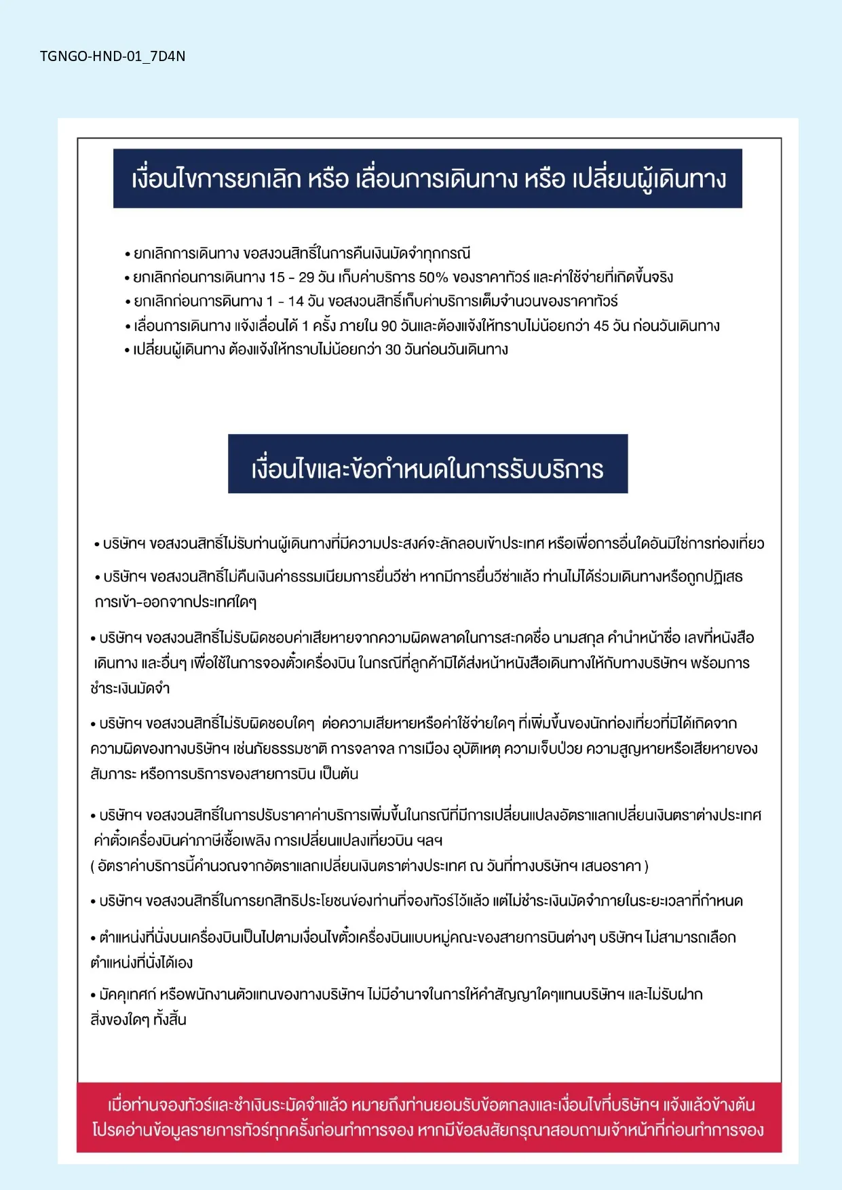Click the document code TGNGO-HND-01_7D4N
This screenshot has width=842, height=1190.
pyautogui.click(x=113, y=56)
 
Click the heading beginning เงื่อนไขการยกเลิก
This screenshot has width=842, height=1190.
pyautogui.click(x=427, y=179)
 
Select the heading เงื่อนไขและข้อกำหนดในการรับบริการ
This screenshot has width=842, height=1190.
pyautogui.click(x=427, y=469)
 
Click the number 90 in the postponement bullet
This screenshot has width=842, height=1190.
pyautogui.click(x=389, y=326)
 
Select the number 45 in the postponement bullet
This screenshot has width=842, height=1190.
pyautogui.click(x=601, y=326)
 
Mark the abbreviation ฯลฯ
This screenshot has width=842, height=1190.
pyautogui.click(x=429, y=841)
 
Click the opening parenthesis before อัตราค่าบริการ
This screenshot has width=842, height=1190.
pyautogui.click(x=92, y=866)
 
